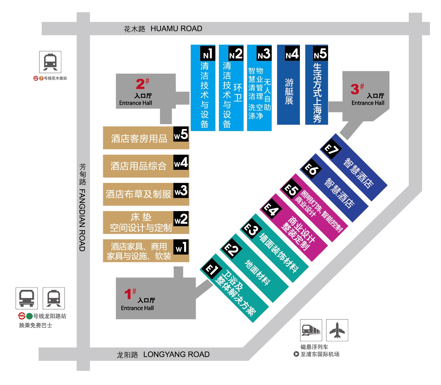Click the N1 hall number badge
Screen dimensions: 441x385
207,53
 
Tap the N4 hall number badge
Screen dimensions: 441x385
292,53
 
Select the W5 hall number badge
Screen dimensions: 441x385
181,134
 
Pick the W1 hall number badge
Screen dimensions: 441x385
181,247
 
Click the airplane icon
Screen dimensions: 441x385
337,330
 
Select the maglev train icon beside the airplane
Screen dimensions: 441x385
311,330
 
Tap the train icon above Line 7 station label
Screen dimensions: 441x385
50,62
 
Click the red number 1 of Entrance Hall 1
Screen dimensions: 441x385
128,294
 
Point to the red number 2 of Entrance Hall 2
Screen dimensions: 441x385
140,84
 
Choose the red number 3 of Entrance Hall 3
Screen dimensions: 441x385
355,89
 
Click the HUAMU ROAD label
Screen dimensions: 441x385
176,28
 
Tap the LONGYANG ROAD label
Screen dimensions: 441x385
176,354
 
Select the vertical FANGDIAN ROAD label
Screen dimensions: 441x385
82,220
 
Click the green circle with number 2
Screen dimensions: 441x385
29,316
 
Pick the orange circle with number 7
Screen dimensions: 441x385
41,78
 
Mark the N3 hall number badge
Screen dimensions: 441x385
264,53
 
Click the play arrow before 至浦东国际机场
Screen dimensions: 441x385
296,354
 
